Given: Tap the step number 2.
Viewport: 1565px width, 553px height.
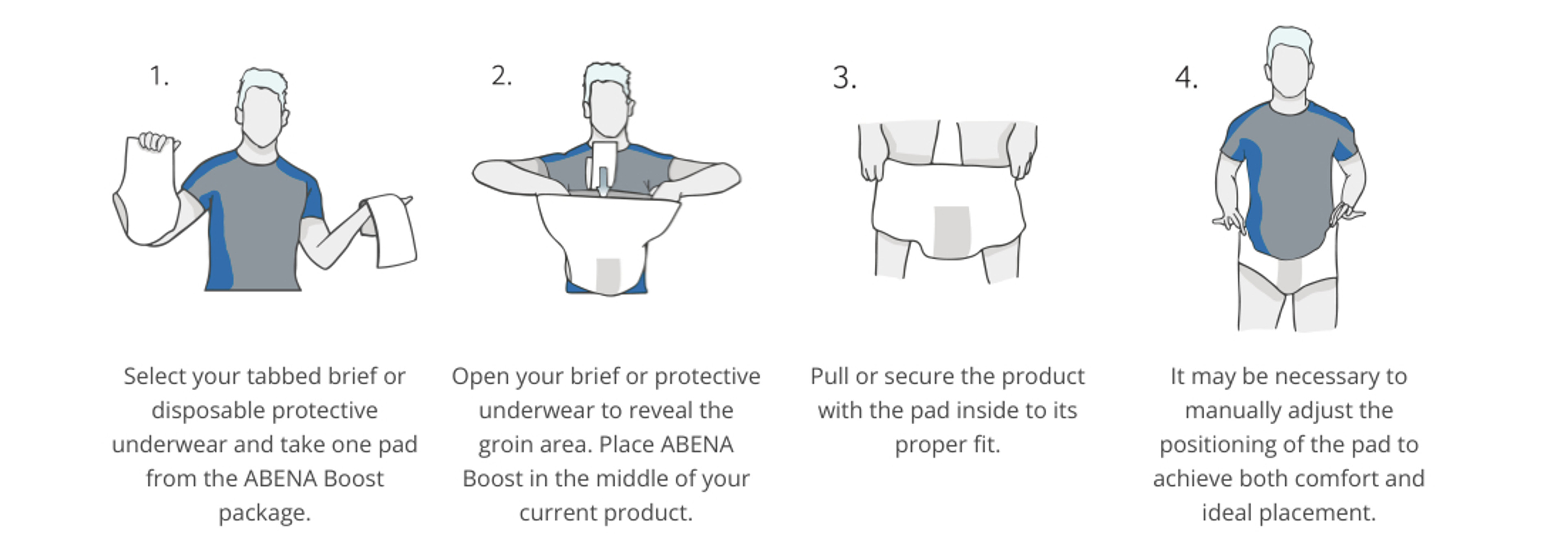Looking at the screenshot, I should point(501,77).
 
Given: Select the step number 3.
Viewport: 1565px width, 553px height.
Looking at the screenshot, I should point(844,78).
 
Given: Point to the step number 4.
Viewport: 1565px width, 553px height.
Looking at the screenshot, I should point(1186,78).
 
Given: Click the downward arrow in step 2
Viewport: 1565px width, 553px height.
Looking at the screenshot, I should point(603,182).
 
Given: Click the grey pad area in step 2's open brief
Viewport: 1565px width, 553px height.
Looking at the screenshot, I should point(608,275).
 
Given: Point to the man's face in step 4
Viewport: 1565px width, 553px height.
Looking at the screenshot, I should point(1289,70).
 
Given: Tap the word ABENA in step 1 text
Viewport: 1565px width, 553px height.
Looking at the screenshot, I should point(281,478).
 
